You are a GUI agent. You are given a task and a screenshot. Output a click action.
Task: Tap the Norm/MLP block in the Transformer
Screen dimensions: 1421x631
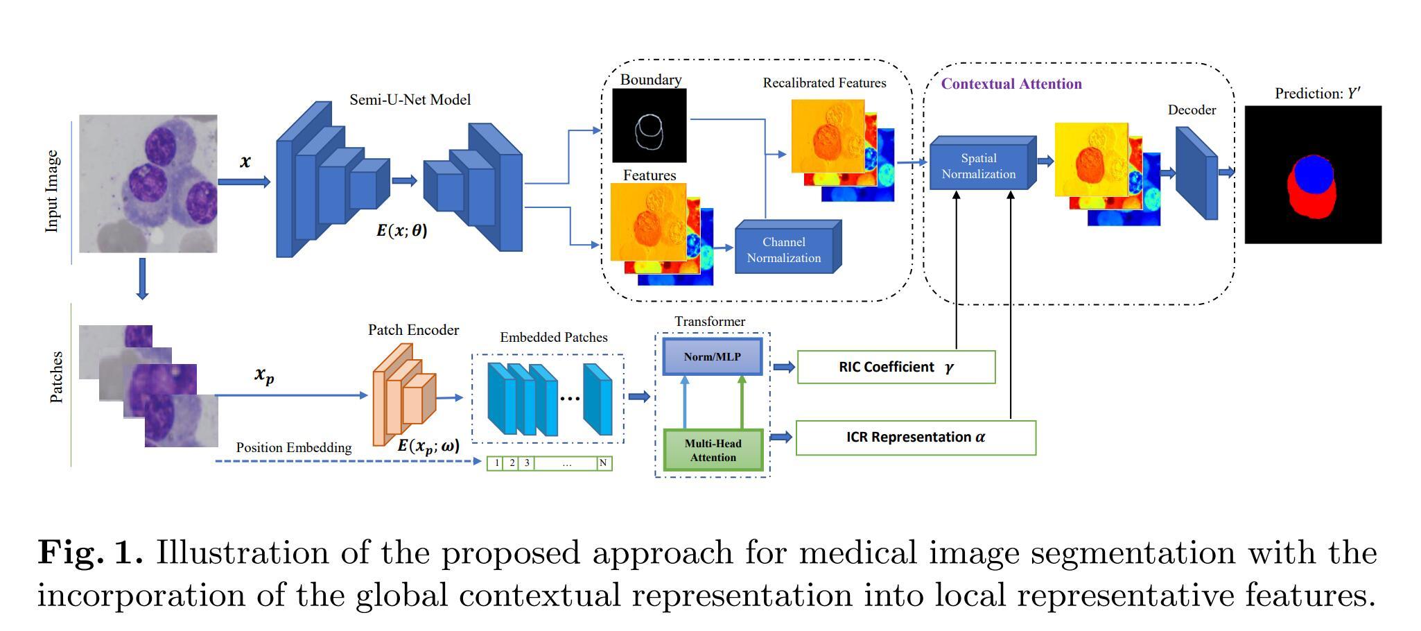(713, 357)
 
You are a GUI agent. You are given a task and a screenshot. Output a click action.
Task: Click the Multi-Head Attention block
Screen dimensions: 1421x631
(713, 450)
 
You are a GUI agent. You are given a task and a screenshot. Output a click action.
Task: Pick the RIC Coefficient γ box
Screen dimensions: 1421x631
(896, 367)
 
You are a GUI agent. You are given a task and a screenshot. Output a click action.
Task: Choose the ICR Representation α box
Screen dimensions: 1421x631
(916, 438)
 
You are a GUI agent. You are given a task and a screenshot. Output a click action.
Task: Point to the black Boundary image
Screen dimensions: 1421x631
(650, 126)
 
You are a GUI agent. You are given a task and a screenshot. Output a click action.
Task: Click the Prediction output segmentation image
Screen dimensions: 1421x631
(1313, 175)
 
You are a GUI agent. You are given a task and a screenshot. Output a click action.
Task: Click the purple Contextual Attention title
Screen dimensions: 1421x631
(1011, 84)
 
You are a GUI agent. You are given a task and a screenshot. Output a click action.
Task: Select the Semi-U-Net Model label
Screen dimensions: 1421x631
(410, 100)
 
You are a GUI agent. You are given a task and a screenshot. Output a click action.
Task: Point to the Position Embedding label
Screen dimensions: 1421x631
(294, 448)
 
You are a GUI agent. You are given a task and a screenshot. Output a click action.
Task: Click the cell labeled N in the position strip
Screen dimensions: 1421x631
(604, 463)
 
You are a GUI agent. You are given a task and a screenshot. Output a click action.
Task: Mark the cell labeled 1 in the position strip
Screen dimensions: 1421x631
(496, 463)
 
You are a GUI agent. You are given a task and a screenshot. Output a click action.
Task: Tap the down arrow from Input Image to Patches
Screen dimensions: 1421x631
(142, 279)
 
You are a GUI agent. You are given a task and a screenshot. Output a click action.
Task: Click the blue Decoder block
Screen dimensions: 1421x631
(1196, 173)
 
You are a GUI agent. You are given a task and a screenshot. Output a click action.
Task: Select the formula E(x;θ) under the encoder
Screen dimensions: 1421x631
(402, 231)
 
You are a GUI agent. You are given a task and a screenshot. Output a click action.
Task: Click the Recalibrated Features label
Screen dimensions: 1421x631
(825, 83)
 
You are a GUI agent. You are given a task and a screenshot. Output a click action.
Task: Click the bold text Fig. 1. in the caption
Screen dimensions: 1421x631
(90, 553)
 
